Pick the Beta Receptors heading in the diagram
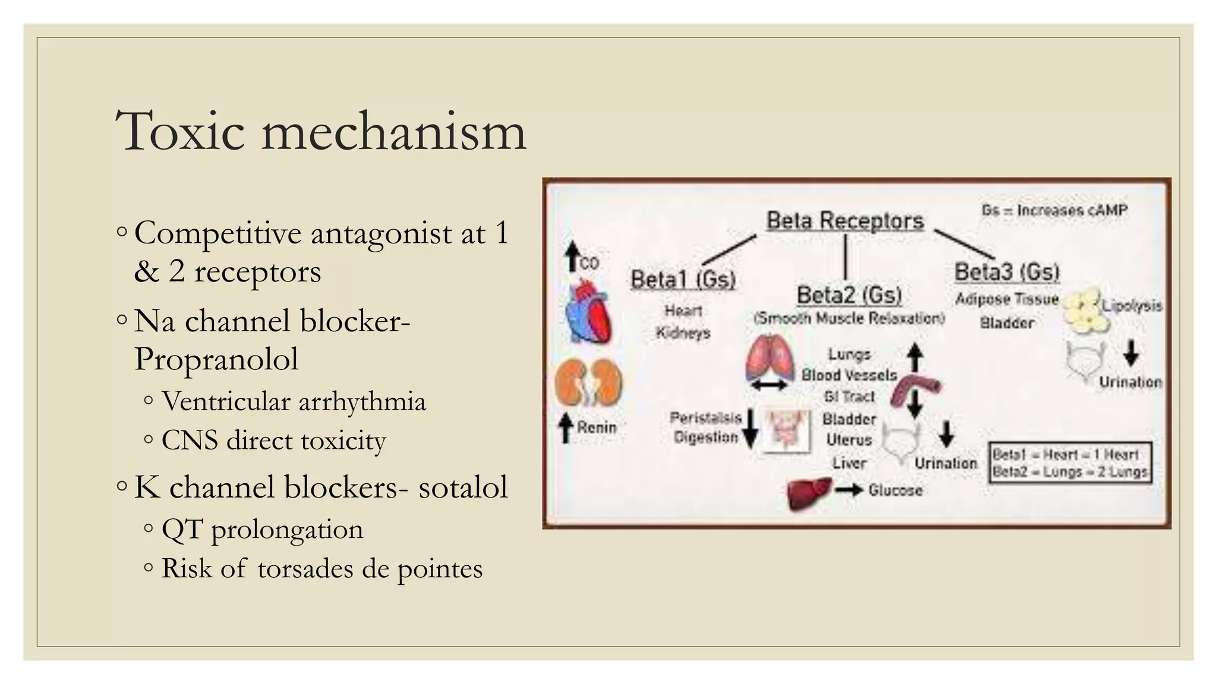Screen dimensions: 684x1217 (844, 221)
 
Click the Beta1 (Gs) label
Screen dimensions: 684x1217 (683, 279)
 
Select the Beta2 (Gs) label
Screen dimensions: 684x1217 (849, 295)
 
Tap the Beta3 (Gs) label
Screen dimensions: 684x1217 (1007, 272)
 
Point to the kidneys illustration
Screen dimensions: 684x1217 (588, 383)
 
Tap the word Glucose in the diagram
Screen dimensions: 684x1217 (895, 490)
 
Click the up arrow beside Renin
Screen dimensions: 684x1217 (566, 427)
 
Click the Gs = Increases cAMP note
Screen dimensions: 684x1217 (1054, 210)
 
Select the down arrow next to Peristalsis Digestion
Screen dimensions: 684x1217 (751, 427)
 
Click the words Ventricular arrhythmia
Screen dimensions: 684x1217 (294, 402)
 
